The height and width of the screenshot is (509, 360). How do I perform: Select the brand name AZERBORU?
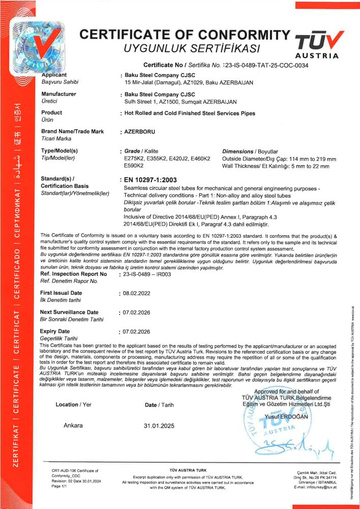click(139, 132)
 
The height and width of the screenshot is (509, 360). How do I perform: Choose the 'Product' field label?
click(51, 112)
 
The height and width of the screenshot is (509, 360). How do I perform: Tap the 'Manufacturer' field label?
click(59, 94)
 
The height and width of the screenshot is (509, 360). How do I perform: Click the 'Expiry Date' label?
click(54, 331)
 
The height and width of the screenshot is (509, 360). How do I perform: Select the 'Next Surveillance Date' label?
click(69, 312)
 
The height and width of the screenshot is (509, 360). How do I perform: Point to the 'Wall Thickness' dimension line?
click(279, 165)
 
